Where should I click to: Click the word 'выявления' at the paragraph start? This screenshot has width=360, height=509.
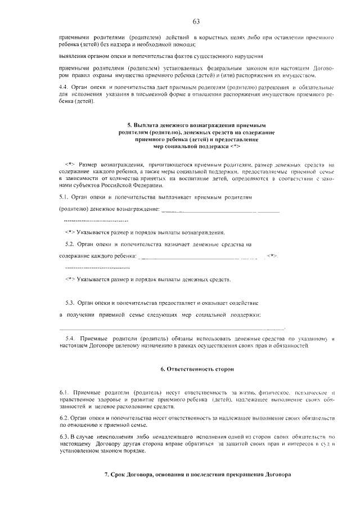pyautogui.click(x=73, y=57)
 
